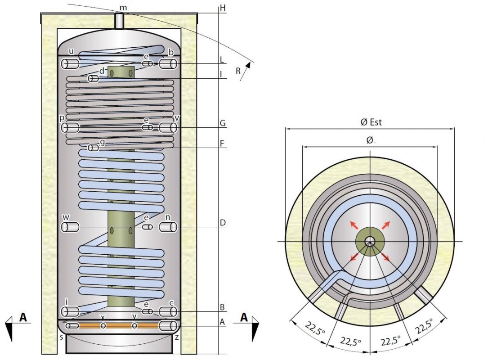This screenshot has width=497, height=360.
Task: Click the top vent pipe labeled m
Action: click(119, 21)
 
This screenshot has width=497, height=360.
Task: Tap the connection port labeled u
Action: click(70, 64)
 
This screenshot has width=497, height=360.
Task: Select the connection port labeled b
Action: click(168, 64)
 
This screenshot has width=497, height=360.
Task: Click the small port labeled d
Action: click(94, 79)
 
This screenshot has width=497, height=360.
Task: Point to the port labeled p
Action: click(70, 128)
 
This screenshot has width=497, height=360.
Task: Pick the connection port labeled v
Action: click(168, 128)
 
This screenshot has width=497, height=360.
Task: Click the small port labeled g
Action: click(94, 148)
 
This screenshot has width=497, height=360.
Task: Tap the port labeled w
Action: click(70, 227)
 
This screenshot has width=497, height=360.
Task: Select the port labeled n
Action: click(168, 227)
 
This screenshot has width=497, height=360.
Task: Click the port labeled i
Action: click(70, 311)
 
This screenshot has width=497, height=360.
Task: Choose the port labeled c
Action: click(168, 311)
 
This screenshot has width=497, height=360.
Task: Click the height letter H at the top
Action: click(222, 8)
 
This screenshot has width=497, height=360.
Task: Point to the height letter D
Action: click(222, 223)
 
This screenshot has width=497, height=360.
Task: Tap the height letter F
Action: click(222, 144)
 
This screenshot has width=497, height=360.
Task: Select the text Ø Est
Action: click(371, 122)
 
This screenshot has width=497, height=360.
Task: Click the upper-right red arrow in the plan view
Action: click(386, 225)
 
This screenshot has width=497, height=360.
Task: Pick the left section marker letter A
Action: click(23, 318)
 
